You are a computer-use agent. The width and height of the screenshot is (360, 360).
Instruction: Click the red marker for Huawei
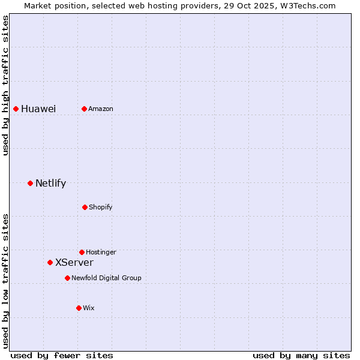pyautogui.click(x=16, y=109)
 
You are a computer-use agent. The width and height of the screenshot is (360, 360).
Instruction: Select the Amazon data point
pyautogui.click(x=84, y=109)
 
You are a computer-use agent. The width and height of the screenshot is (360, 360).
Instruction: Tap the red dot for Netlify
pyautogui.click(x=30, y=183)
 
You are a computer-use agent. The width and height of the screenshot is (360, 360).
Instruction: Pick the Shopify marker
pyautogui.click(x=85, y=207)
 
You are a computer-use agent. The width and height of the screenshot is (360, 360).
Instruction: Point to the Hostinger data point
pyautogui.click(x=82, y=252)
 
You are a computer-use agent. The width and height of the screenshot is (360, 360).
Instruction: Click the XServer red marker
pyautogui.click(x=50, y=262)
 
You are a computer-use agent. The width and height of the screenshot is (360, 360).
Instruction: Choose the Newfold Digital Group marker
pyautogui.click(x=67, y=278)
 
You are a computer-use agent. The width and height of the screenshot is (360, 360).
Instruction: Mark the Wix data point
pyautogui.click(x=79, y=308)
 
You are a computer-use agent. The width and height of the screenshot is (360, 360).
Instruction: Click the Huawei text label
pyautogui.click(x=38, y=109)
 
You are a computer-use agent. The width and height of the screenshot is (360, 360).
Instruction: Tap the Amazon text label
pyautogui.click(x=101, y=109)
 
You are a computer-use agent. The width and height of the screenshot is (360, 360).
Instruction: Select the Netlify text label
pyautogui.click(x=50, y=183)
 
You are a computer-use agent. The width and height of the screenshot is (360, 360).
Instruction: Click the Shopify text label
pyautogui.click(x=101, y=207)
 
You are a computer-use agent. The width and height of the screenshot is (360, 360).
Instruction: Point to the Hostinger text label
pyautogui.click(x=101, y=252)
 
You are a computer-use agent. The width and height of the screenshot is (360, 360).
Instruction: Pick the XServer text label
pyautogui.click(x=74, y=262)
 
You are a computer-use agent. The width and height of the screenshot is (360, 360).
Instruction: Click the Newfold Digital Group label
pyautogui.click(x=107, y=278)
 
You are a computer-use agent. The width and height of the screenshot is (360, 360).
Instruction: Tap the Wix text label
pyautogui.click(x=89, y=308)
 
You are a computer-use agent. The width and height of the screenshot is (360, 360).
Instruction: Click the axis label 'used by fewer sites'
pyautogui.click(x=62, y=355)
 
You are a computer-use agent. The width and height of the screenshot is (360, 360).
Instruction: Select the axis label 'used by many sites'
pyautogui.click(x=301, y=355)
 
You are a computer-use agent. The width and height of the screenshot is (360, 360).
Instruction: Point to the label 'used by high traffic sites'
pyautogui.click(x=5, y=85)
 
